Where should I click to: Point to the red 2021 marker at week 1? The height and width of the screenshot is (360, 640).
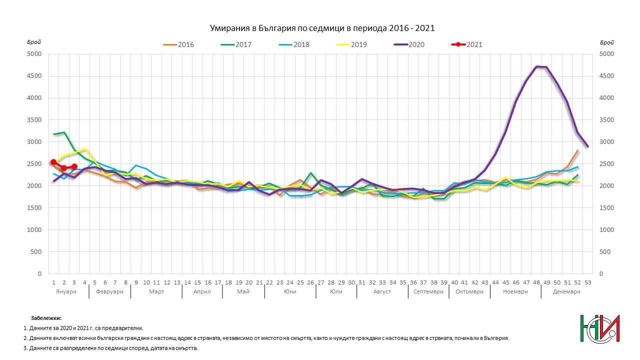click(x=53, y=162)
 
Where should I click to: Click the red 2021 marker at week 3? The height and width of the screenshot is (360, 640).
click(x=74, y=166)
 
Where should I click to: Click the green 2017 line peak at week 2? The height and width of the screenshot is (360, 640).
click(x=64, y=132)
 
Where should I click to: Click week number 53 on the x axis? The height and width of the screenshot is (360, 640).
click(x=587, y=282)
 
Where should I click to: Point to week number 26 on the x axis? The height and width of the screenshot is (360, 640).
click(x=310, y=282)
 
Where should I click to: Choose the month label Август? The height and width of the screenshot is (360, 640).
click(x=382, y=291)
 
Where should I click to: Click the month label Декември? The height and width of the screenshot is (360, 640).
click(x=566, y=291)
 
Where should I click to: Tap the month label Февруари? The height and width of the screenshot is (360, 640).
click(x=109, y=291)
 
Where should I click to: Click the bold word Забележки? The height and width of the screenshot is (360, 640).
click(x=46, y=318)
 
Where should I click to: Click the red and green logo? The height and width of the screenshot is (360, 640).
click(x=600, y=329)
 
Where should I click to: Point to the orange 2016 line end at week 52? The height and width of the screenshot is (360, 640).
click(x=577, y=150)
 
